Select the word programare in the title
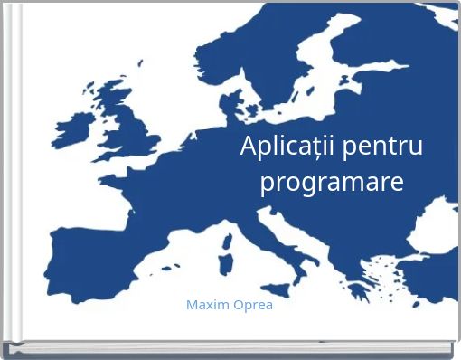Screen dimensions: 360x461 [332, 183]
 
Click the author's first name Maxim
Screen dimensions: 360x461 [207, 305]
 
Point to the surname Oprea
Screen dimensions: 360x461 [252, 305]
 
